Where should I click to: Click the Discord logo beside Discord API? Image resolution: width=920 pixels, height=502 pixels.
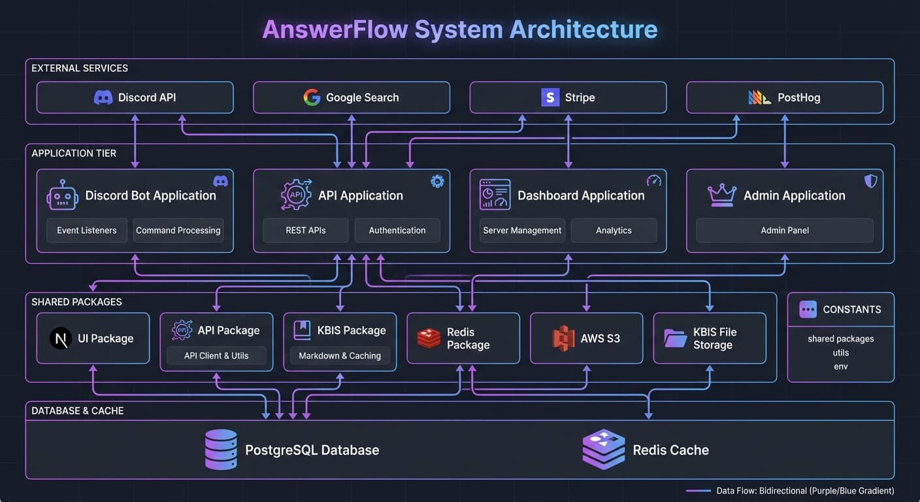tap(103, 97)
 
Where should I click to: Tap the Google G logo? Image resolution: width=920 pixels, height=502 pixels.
tap(312, 97)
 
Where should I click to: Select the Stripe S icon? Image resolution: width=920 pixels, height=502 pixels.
tap(550, 97)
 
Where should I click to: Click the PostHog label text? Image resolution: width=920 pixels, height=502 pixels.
tap(798, 97)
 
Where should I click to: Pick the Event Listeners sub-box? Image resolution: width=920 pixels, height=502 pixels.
tap(87, 230)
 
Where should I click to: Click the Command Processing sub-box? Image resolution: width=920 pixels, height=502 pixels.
tap(178, 230)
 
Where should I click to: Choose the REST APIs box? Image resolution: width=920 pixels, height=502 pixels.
tap(305, 230)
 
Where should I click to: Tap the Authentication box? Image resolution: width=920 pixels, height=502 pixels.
tap(397, 230)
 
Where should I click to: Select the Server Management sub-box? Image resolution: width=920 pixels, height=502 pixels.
tap(522, 230)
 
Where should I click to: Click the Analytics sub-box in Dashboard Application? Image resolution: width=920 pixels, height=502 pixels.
tap(614, 230)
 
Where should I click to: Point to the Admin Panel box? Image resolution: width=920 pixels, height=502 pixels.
tap(784, 230)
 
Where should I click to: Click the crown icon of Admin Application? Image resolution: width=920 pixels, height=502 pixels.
tap(722, 195)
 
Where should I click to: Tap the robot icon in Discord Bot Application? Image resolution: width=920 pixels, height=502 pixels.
tap(63, 195)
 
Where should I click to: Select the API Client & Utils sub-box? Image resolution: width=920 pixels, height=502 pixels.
tap(216, 356)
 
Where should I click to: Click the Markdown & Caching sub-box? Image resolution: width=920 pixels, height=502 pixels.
tap(340, 356)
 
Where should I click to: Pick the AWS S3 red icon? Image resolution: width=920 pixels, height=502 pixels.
tap(563, 339)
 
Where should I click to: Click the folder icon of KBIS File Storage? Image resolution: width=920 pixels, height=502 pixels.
tap(675, 338)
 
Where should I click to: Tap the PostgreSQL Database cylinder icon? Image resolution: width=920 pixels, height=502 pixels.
tap(221, 449)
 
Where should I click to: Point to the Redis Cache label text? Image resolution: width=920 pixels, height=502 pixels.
tap(670, 450)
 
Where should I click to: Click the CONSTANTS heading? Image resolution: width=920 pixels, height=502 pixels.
tap(851, 309)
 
